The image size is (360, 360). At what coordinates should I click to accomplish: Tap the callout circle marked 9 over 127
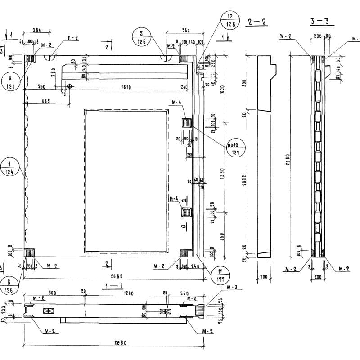[x=9, y=82]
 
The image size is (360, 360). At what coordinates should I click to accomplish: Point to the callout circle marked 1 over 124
[x=9, y=167]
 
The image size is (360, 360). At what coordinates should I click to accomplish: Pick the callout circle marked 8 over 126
[x=9, y=287]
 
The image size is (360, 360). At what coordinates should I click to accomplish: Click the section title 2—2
[x=257, y=22]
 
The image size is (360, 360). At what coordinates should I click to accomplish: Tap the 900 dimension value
[x=53, y=294]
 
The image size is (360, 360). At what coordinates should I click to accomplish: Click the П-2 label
[x=73, y=39]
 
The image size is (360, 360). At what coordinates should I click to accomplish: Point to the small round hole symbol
[x=70, y=85]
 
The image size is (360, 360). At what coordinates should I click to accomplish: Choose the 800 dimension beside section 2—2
[x=245, y=84]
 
